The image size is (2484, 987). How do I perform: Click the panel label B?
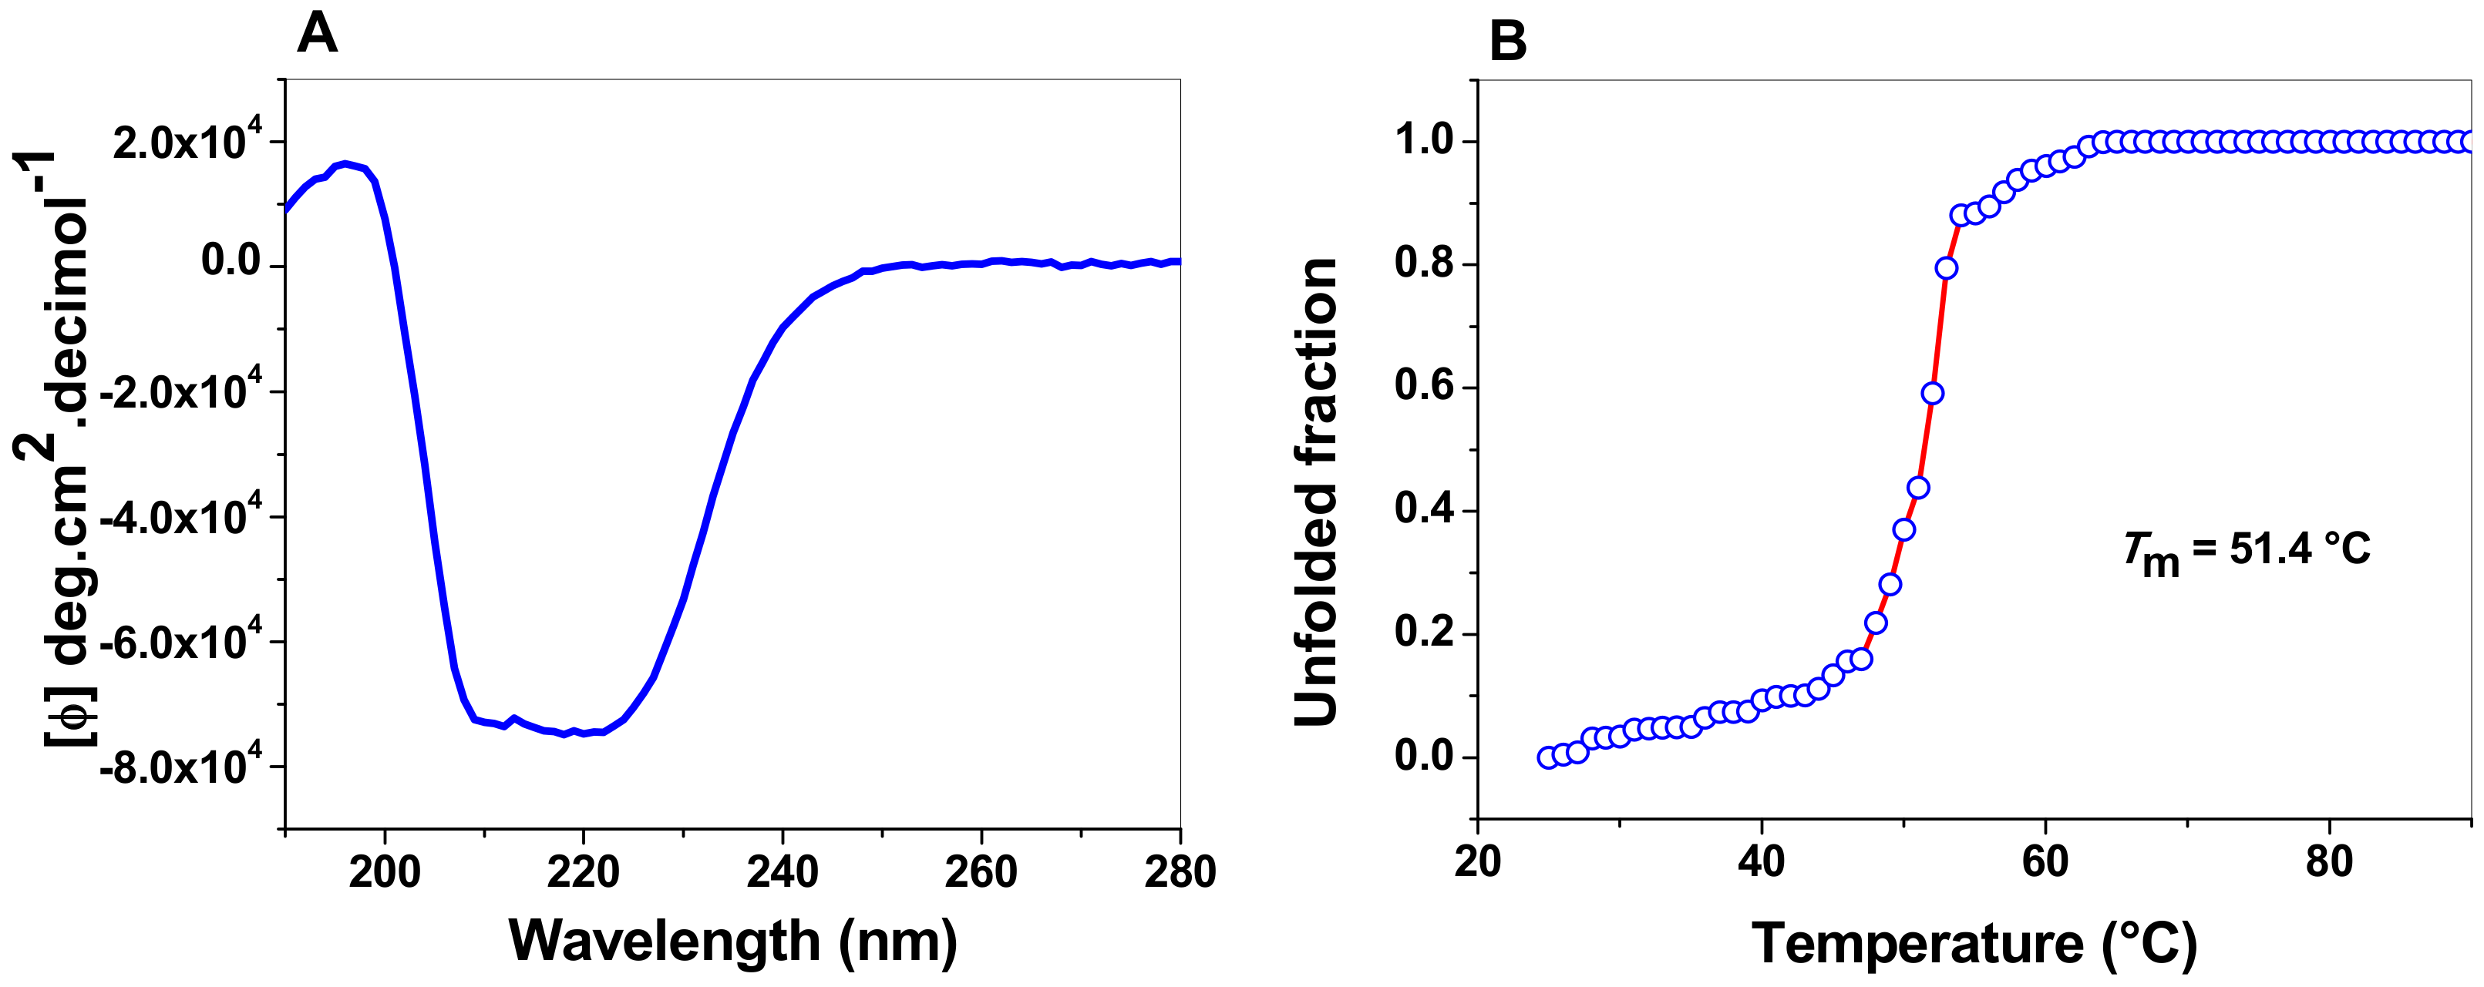tap(1507, 42)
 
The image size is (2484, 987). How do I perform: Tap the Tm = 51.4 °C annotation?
tap(2246, 552)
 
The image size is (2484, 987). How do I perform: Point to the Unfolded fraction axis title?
tap(1316, 492)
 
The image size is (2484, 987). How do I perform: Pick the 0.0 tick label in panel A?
tap(231, 262)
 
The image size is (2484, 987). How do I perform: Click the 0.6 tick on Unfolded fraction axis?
tap(1423, 387)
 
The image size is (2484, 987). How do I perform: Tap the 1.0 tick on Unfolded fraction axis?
tap(1423, 141)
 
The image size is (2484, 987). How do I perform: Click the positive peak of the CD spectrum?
tap(345, 165)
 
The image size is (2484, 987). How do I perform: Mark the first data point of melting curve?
tap(1547, 757)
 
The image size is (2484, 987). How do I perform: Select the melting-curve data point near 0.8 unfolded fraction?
tap(1946, 268)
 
